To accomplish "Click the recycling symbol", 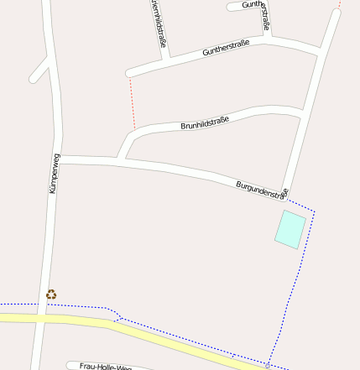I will point(51,294).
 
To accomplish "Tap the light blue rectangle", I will point(290,229).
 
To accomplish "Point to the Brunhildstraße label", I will point(205,123).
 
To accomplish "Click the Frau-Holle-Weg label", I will point(106,367).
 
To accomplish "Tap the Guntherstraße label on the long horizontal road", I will point(227,47).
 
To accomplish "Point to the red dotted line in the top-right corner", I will point(340,3).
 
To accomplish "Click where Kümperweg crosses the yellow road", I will point(39,318).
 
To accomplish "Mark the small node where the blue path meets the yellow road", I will point(268,365).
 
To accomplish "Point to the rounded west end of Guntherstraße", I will point(129,73).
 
